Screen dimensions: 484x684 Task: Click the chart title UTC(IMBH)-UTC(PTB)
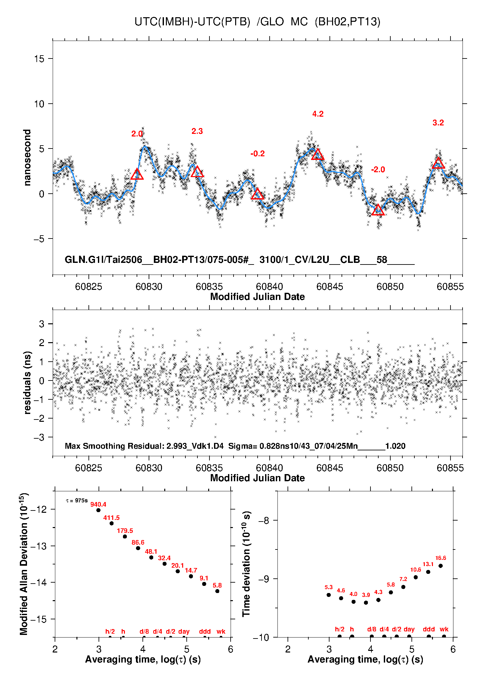(x=192, y=22)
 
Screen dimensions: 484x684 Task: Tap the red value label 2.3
(x=197, y=131)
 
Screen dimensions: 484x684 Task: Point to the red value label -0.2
(x=258, y=154)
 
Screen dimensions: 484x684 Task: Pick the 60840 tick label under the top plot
(x=269, y=287)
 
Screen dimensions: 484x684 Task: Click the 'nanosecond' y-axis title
(x=27, y=158)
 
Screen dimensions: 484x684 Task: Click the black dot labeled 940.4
(x=98, y=510)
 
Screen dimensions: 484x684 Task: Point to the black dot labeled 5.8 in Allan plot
(x=217, y=591)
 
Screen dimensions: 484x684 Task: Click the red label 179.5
(x=125, y=531)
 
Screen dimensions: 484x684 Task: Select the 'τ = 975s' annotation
(x=77, y=500)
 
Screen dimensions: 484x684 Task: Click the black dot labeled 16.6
(x=441, y=566)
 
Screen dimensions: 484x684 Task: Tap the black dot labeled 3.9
(x=366, y=602)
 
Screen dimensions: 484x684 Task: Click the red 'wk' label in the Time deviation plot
(x=444, y=629)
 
